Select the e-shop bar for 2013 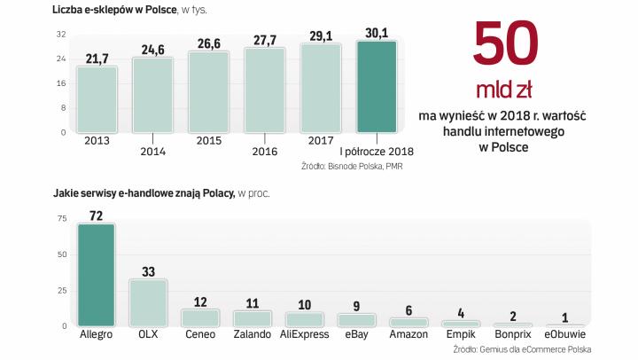pos(97,99)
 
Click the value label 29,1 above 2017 pos(321,36)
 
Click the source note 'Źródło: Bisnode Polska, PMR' pos(353,165)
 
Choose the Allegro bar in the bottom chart pos(97,275)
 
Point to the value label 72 pos(97,214)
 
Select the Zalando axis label pos(252,335)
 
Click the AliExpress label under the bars pos(304,335)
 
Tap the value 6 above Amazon pos(408,309)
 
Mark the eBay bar pos(355,320)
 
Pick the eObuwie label pos(564,335)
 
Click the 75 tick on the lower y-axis pos(62,218)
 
